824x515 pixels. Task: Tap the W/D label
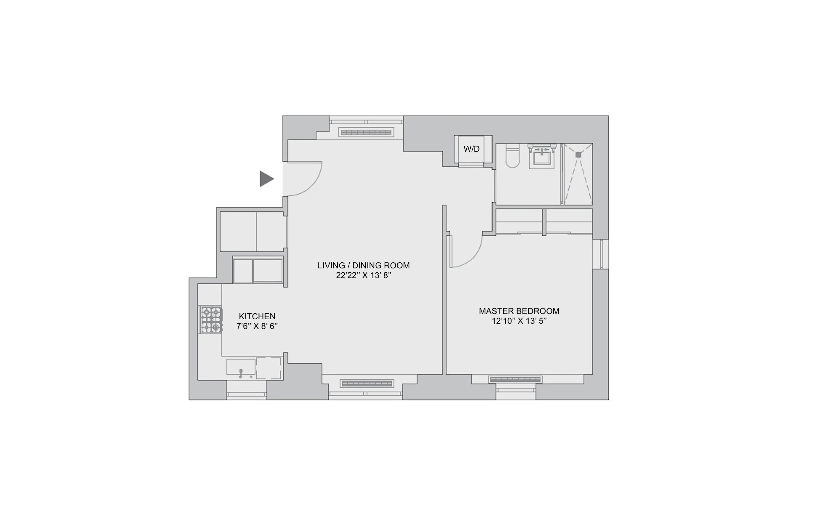pos(471,149)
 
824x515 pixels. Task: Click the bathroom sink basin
pos(542,158)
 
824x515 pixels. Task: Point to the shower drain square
pos(578,154)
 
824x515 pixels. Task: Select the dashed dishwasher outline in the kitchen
pos(269,368)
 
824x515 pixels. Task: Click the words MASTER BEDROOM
pos(519,311)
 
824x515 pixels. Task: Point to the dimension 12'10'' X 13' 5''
pos(519,321)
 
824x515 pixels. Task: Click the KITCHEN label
pos(257,316)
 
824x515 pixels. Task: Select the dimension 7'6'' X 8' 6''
pos(257,326)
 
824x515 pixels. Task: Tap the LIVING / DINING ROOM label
pos(364,265)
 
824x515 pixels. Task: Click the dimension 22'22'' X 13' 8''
pos(364,276)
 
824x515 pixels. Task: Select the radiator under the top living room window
pos(366,132)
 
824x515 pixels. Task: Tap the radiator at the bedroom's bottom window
pos(515,379)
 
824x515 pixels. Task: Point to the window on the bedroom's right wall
pos(601,254)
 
